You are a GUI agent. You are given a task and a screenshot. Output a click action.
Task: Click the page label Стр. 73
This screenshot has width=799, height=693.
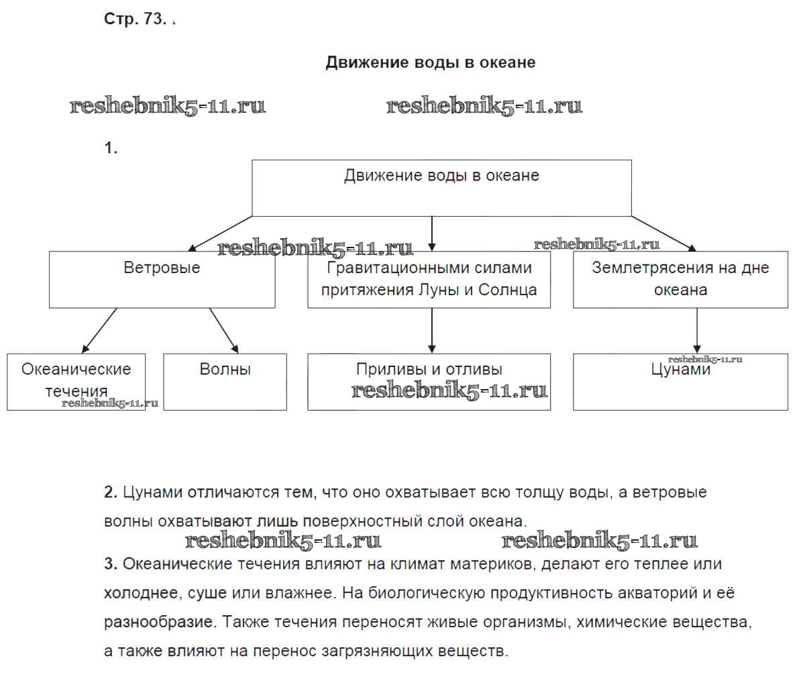point(134,19)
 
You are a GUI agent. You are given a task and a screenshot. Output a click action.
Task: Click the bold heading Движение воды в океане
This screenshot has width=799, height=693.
point(430,62)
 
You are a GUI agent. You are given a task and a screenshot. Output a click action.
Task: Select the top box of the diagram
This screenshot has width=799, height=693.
point(441,188)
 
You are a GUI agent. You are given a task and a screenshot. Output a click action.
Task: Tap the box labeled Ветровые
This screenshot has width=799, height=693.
point(162,280)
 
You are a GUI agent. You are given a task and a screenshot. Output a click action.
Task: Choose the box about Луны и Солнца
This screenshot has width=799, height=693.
point(429,280)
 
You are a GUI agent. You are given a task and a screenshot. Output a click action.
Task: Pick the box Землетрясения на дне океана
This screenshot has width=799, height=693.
point(680,280)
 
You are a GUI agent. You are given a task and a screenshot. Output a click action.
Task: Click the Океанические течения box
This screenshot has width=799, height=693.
point(76,381)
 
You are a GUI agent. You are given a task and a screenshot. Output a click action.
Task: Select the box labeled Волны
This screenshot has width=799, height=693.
point(225,381)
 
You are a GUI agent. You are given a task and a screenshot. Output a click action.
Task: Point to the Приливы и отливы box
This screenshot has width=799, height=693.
point(429,381)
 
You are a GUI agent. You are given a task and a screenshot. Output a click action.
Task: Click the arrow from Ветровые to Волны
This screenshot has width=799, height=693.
point(224,331)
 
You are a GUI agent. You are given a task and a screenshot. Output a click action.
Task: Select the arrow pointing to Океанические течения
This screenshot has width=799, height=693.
point(99,331)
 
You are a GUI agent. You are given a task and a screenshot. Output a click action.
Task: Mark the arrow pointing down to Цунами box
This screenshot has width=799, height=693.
point(697,331)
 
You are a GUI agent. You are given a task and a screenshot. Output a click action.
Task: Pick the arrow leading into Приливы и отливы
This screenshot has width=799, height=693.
point(431,331)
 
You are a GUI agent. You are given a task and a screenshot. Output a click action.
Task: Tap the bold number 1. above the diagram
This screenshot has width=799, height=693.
point(111,148)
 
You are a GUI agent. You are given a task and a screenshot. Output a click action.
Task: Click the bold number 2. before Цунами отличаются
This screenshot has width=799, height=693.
point(111,492)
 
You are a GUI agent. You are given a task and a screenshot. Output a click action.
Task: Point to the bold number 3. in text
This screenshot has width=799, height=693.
point(111,564)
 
